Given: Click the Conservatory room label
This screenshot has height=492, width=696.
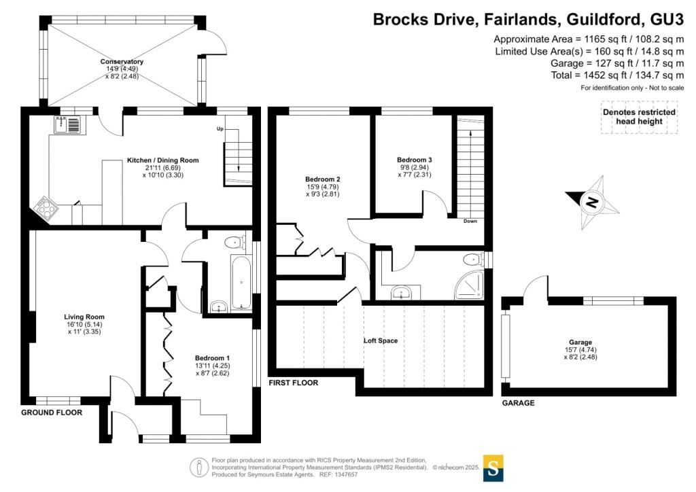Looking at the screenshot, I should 122,62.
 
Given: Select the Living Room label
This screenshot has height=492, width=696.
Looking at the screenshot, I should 84,317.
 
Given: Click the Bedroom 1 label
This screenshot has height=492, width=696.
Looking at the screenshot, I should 212,358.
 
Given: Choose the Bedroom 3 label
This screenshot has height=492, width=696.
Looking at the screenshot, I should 415,160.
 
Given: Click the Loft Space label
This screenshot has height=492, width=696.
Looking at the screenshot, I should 380,340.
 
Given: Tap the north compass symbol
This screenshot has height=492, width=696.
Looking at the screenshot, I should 592,203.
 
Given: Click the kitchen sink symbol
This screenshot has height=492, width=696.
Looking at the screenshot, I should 67,124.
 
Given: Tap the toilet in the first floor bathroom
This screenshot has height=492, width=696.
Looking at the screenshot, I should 472,260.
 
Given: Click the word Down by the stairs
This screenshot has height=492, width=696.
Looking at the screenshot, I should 470,222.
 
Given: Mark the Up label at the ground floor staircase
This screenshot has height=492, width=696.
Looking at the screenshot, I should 220,129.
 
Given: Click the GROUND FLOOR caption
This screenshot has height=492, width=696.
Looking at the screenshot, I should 52,412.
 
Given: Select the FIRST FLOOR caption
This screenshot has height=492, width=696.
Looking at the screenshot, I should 294,383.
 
